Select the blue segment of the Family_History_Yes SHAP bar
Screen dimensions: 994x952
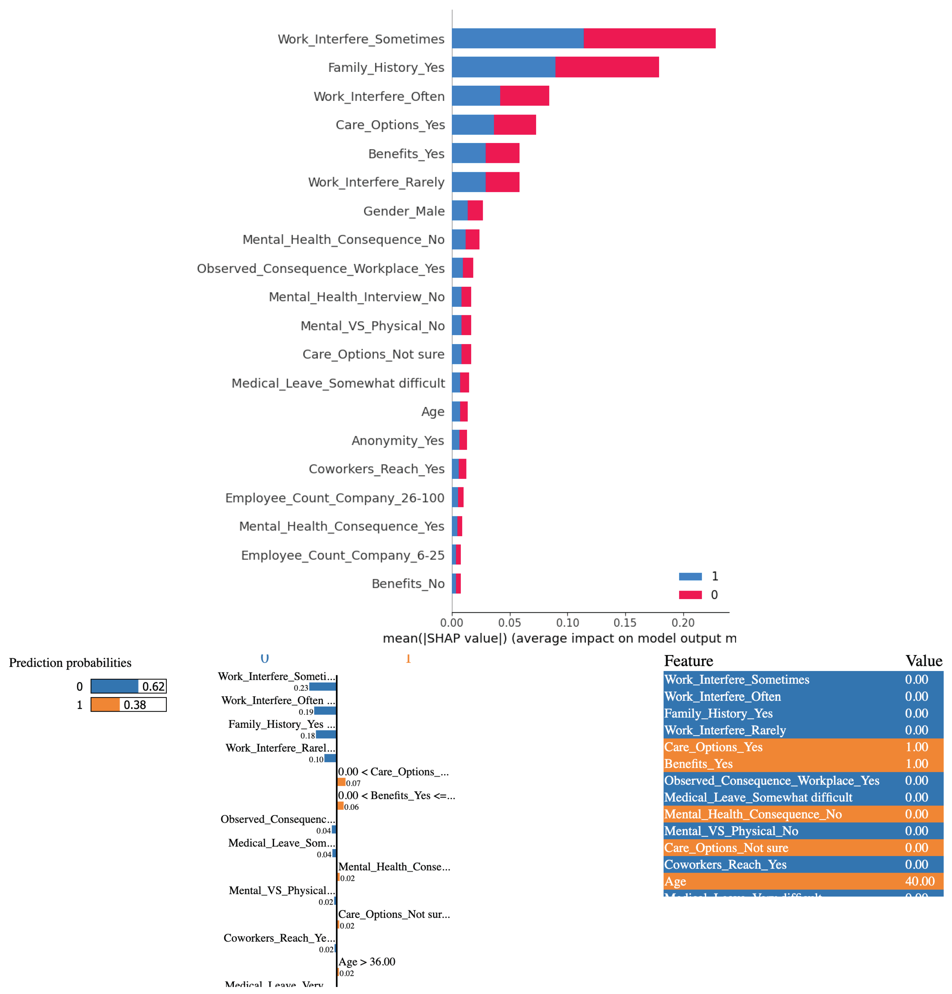point(503,67)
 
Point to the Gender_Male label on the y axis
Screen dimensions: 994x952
point(403,211)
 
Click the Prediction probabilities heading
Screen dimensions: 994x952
point(70,662)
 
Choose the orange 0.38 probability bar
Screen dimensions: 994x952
point(105,704)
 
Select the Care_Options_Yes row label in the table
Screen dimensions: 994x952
point(713,747)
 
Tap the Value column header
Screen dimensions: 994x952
point(923,660)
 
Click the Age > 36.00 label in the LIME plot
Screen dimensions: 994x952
point(366,961)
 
